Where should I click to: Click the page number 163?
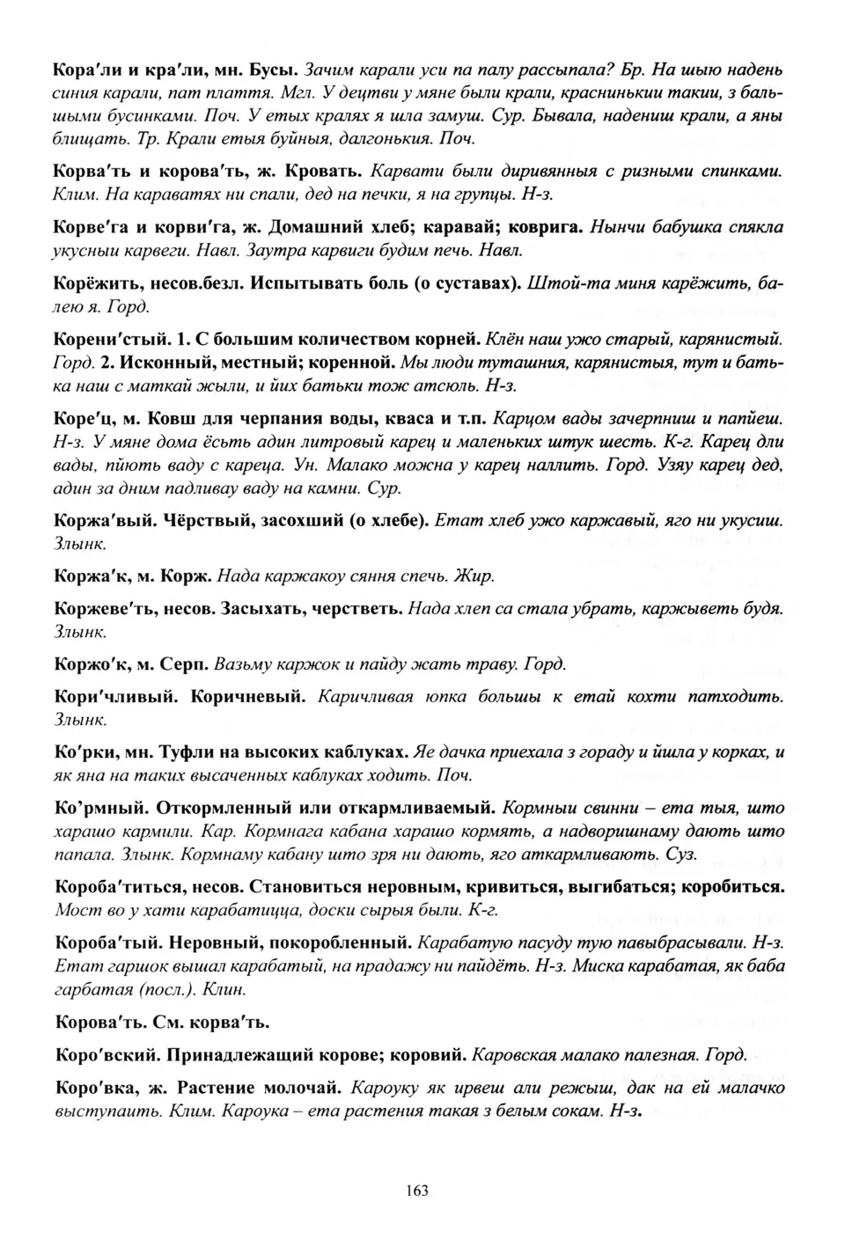pyautogui.click(x=417, y=1191)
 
